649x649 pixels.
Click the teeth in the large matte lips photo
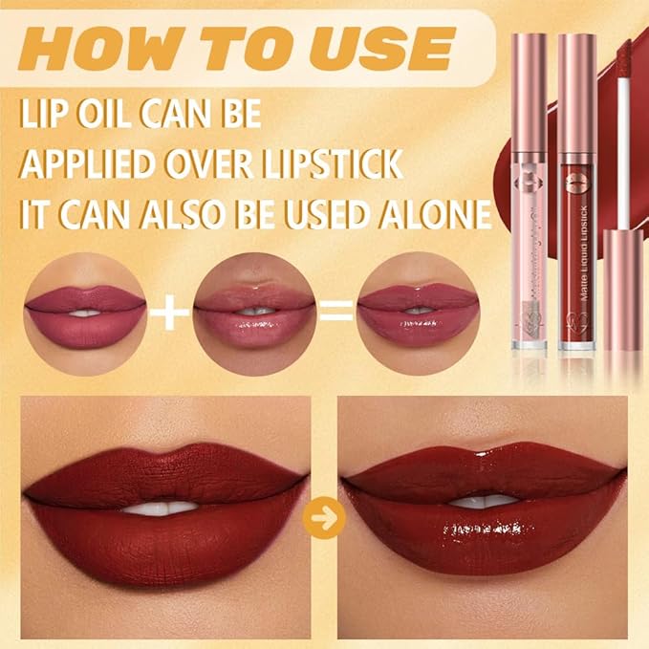tap(162, 508)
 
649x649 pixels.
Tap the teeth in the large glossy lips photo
tap(484, 501)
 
